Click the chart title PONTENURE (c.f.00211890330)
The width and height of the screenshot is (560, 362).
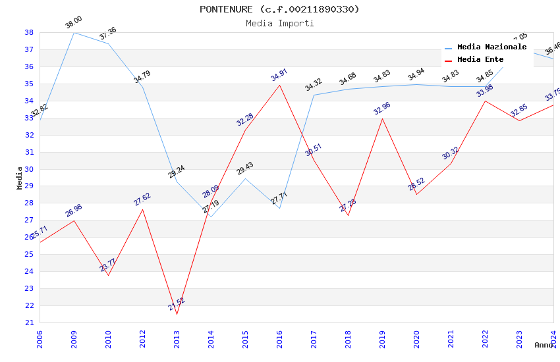point(279,9)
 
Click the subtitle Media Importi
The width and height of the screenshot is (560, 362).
point(279,24)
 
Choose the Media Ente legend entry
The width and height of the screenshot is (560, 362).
point(480,60)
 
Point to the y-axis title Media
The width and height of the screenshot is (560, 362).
point(20,178)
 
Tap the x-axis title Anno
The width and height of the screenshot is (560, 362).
point(544,345)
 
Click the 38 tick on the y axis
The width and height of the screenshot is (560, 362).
point(29,32)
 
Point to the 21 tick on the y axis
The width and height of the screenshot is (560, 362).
point(29,323)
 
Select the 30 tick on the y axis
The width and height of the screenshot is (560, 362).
point(29,169)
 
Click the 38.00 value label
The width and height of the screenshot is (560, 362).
point(73,24)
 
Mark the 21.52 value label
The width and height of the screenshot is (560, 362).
point(177,304)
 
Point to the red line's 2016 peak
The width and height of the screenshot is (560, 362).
point(279,85)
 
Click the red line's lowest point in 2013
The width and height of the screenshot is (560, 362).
point(177,314)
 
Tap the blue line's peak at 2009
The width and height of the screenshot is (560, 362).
point(74,32)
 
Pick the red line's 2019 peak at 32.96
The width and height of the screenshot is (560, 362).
point(382,118)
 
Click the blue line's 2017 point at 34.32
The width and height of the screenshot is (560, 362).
point(314,95)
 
